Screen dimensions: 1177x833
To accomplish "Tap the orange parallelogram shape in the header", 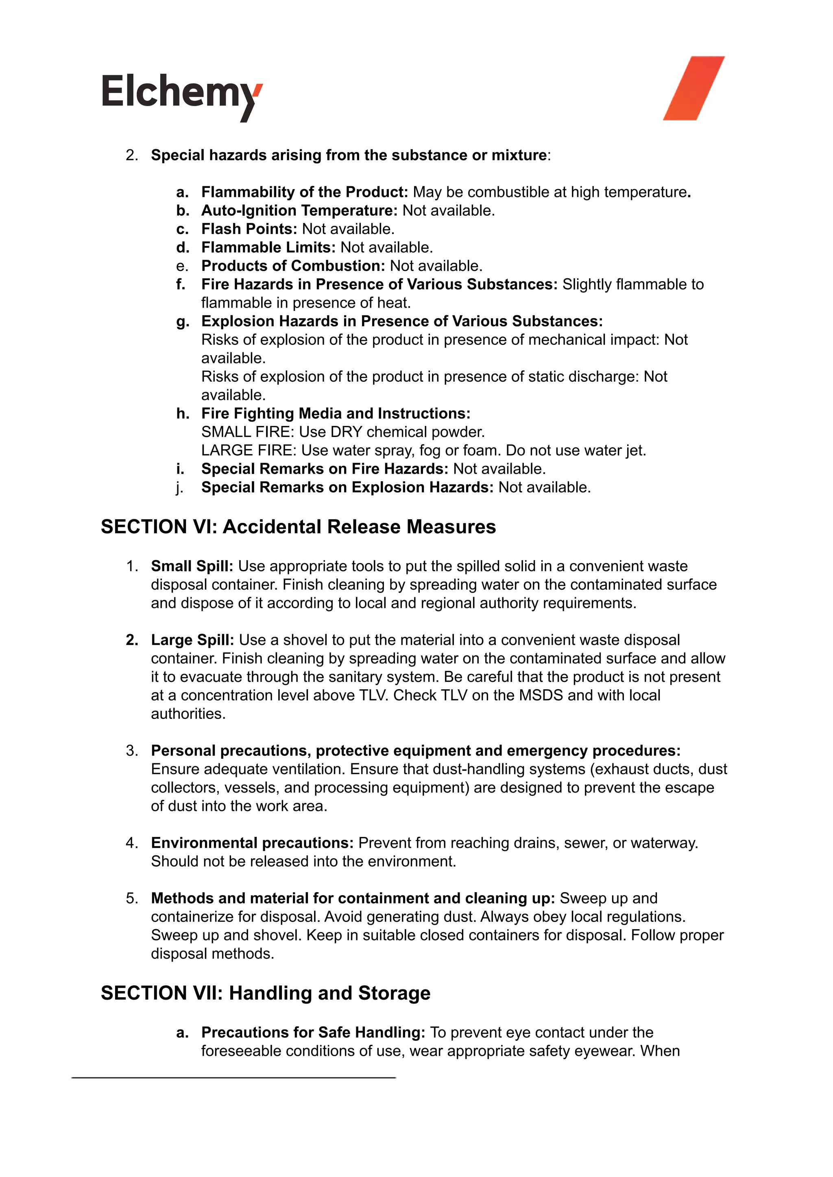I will pos(693,88).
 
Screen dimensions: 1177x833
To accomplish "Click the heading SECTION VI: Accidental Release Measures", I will pos(298,527).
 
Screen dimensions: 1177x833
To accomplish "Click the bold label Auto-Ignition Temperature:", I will pos(299,210).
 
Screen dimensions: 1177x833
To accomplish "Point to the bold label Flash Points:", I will pos(249,229).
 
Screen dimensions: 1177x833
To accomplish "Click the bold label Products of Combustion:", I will pos(293,266).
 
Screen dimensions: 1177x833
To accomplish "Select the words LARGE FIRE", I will pos(248,450).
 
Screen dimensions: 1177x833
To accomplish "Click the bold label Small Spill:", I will pos(192,566).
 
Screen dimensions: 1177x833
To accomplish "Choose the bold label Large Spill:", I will pos(192,640).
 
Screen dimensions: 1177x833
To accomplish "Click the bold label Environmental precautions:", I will pos(252,843).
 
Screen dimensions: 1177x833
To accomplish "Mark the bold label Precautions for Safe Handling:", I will pos(313,1032).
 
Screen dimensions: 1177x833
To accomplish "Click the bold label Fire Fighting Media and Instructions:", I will pos(336,413).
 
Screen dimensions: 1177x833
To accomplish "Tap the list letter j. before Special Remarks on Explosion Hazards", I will pos(179,487).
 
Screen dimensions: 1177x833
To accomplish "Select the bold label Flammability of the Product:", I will pos(304,192).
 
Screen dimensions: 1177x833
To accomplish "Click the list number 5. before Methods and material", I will pos(132,898).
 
